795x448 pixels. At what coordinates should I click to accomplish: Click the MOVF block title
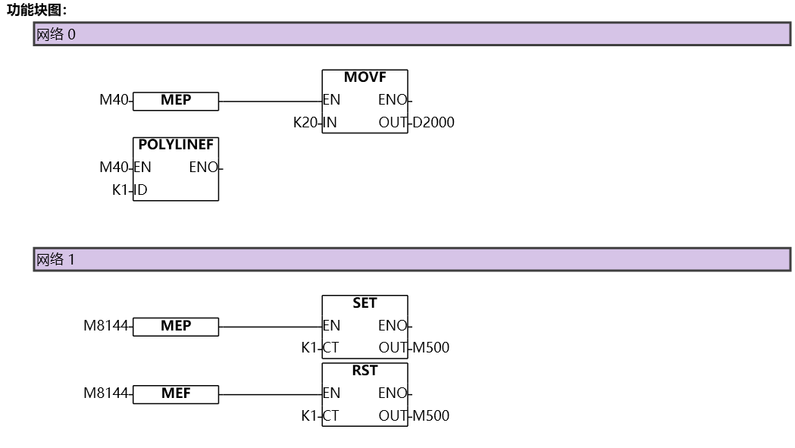pyautogui.click(x=365, y=77)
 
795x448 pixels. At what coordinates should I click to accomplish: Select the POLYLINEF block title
pyautogui.click(x=176, y=145)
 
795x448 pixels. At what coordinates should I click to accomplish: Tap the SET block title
pyautogui.click(x=365, y=303)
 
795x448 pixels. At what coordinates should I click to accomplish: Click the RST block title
pyautogui.click(x=365, y=371)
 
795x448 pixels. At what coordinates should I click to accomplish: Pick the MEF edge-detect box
pyautogui.click(x=176, y=394)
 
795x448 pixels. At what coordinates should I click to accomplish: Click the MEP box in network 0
pyautogui.click(x=176, y=101)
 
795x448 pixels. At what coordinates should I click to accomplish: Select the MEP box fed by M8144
pyautogui.click(x=176, y=327)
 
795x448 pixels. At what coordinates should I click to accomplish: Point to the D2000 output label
pyautogui.click(x=433, y=123)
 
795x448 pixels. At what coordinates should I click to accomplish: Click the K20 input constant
pyautogui.click(x=306, y=123)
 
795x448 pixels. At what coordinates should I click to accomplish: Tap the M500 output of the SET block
pyautogui.click(x=430, y=349)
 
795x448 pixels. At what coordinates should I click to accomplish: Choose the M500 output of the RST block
pyautogui.click(x=430, y=416)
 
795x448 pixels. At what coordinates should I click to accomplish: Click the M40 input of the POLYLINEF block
pyautogui.click(x=114, y=168)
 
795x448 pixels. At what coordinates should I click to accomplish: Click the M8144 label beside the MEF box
pyautogui.click(x=106, y=393)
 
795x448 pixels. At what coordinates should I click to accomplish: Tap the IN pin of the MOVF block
pyautogui.click(x=330, y=123)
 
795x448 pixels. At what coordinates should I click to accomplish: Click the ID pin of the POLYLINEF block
pyautogui.click(x=141, y=190)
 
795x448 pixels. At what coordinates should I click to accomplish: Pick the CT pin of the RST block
pyautogui.click(x=331, y=416)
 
